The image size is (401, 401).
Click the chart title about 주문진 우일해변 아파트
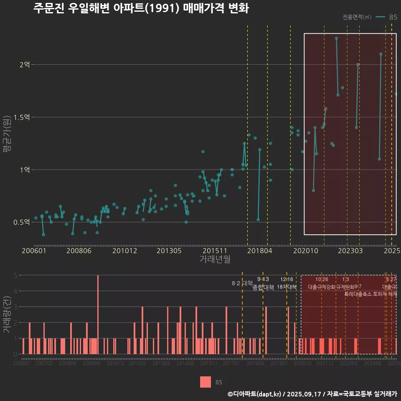coord(141,8)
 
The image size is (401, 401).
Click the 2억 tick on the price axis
coord(25,65)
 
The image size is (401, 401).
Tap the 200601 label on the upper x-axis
coord(34,251)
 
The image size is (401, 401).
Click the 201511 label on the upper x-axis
coord(214,251)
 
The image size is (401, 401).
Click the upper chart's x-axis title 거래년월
coord(214,259)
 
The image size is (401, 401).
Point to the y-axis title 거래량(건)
coord(7,315)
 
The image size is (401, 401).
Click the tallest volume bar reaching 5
coord(98,315)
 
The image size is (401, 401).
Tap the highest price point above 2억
coord(336,38)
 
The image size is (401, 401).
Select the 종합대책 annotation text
coord(263,287)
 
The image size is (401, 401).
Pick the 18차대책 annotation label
coord(287,287)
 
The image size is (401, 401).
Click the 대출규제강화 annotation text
coord(321,287)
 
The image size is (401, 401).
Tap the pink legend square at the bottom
coord(206,382)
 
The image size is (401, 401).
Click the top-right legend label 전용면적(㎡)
coord(357,17)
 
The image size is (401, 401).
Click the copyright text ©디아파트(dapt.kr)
coord(255,394)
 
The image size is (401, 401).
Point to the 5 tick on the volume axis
coord(15,275)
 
